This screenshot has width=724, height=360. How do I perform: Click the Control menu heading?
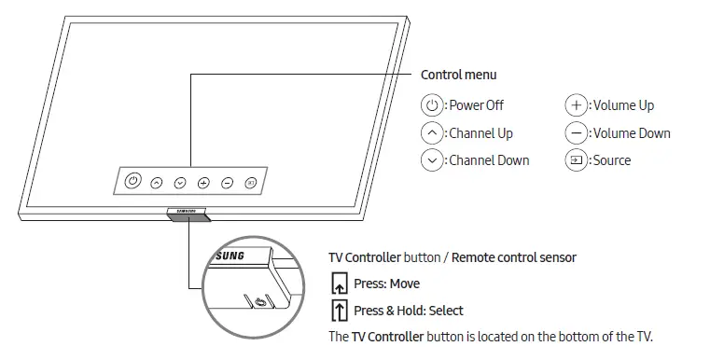(x=459, y=75)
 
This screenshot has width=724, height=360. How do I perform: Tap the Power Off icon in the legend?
(x=432, y=105)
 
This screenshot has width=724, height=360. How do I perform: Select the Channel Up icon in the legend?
(x=432, y=132)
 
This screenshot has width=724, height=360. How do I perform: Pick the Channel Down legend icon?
(x=432, y=159)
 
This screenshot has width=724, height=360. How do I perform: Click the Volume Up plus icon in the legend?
(x=577, y=105)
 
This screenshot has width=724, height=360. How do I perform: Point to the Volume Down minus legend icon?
(x=577, y=132)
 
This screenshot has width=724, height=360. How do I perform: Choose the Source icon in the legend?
(x=577, y=159)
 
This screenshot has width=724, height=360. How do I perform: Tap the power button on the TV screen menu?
(x=132, y=181)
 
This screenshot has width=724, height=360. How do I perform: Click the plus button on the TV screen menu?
(x=203, y=183)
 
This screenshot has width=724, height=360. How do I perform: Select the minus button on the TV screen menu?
(x=227, y=183)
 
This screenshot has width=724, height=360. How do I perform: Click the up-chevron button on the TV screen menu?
(x=156, y=183)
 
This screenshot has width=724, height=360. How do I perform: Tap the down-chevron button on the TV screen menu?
(x=179, y=183)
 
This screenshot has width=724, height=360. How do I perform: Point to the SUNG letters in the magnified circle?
(x=230, y=255)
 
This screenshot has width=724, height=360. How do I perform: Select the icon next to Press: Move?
(x=340, y=284)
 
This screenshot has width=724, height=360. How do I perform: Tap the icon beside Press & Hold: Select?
(x=340, y=310)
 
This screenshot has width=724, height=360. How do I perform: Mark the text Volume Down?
(x=632, y=132)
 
